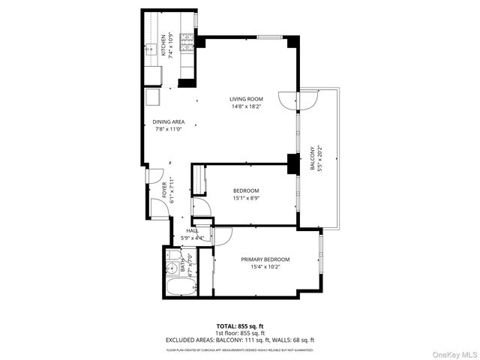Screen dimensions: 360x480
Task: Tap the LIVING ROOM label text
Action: [x=245, y=99]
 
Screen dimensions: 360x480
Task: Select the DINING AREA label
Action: [x=169, y=121]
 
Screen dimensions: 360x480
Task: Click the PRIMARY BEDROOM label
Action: [x=265, y=259]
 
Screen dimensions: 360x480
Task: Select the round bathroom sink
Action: [x=172, y=255]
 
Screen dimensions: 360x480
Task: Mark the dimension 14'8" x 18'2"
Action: [x=245, y=106]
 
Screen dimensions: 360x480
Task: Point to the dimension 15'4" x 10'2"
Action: [x=265, y=267]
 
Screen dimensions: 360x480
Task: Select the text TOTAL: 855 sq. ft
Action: [x=240, y=327]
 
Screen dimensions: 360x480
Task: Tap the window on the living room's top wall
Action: [x=269, y=37]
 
